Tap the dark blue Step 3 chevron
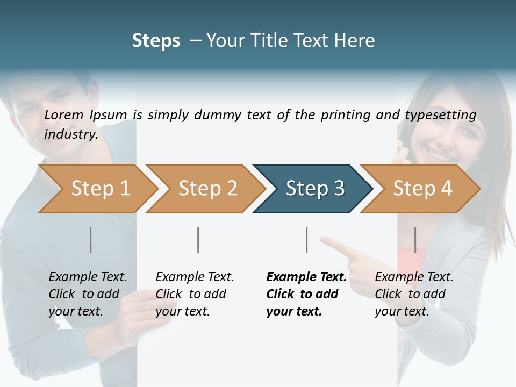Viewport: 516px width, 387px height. (314, 188)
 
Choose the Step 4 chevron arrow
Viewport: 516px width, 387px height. (422, 188)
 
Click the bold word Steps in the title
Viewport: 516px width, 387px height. (156, 41)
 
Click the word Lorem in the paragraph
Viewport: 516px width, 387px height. (64, 115)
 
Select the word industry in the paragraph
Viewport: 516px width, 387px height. (71, 134)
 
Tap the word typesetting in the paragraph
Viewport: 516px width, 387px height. (440, 115)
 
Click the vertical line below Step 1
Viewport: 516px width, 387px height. (91, 240)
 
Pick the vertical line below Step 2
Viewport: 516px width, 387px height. (198, 240)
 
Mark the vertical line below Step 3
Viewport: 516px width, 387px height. (307, 240)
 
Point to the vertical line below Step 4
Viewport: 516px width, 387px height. (415, 240)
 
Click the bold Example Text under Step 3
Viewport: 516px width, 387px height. (306, 277)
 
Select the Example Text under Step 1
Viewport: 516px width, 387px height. (88, 277)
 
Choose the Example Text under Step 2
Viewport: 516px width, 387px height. (195, 277)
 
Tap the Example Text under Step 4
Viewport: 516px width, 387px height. (414, 277)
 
